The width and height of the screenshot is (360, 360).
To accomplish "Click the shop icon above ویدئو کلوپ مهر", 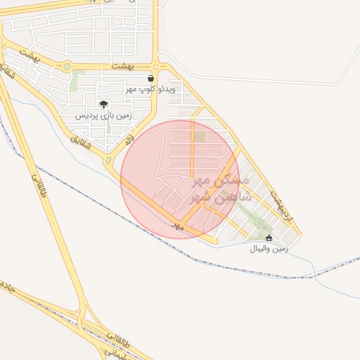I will click(x=151, y=79).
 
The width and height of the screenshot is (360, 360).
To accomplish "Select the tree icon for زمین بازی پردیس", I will click(x=104, y=104).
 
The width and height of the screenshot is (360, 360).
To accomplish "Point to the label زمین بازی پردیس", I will click(x=103, y=114).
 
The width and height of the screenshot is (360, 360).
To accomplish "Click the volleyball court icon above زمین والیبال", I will click(x=269, y=238).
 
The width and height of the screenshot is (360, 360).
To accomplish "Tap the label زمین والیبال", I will click(x=269, y=249).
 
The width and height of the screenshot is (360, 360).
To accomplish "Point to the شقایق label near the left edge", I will click(x=9, y=78).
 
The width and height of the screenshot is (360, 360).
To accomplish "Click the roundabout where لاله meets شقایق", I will click(x=108, y=160).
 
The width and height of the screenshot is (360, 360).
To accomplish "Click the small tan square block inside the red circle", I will click(x=200, y=136).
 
